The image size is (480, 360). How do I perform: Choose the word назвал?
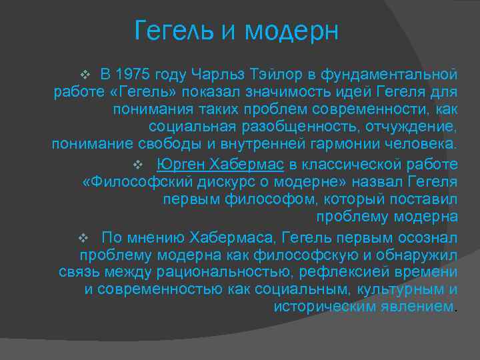[x=373, y=181]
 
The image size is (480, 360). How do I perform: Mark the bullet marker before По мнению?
[x=83, y=237]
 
